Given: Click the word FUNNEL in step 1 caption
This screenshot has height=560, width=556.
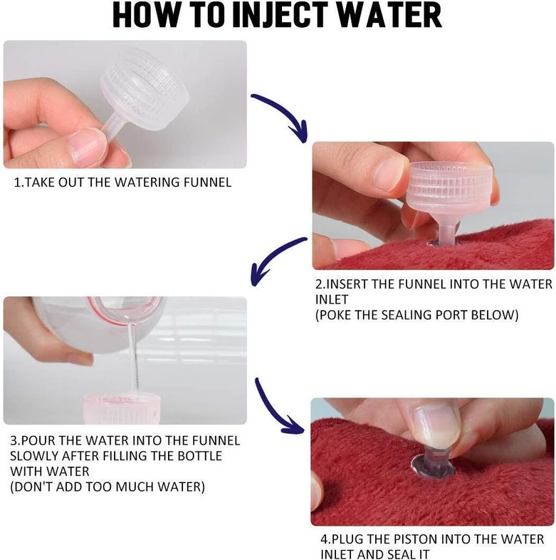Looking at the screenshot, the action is click(207, 182).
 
